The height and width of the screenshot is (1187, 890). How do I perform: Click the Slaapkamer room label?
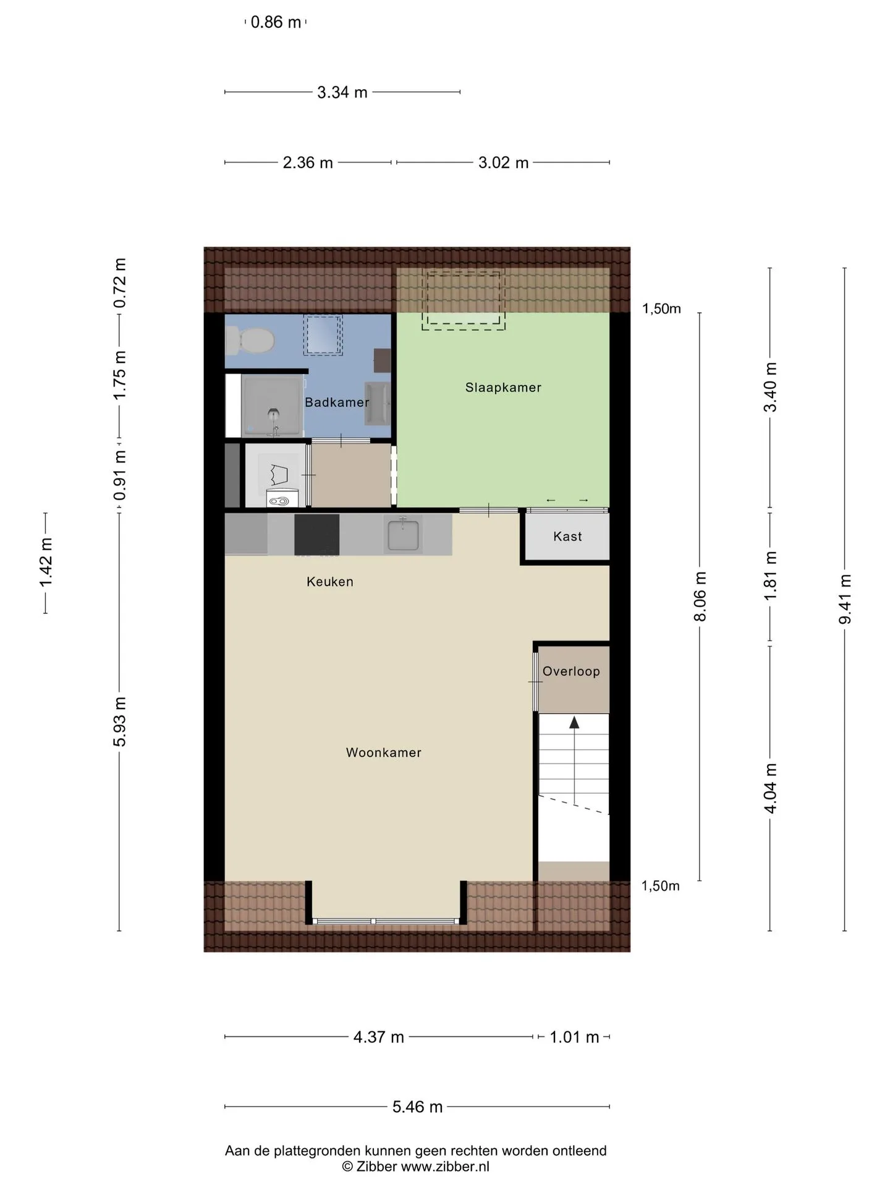(x=503, y=388)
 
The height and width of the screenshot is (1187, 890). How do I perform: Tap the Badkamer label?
(x=337, y=402)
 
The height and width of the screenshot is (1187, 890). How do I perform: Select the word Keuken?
(x=330, y=582)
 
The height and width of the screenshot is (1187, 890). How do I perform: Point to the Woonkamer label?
(x=384, y=752)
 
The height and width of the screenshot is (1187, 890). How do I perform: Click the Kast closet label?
(x=567, y=537)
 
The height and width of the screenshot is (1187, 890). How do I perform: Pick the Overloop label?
(x=571, y=671)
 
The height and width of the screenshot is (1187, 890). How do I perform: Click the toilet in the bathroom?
(x=250, y=339)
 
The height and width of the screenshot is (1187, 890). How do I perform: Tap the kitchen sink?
(x=403, y=534)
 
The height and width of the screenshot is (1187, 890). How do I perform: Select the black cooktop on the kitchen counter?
(x=316, y=535)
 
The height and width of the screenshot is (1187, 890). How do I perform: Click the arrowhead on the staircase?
(x=574, y=722)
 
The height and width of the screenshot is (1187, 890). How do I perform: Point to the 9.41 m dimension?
(x=845, y=600)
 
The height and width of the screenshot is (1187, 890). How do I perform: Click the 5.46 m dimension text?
(x=418, y=1107)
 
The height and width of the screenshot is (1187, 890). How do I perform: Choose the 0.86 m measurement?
(x=276, y=22)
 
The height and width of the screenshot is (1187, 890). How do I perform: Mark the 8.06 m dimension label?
(x=700, y=597)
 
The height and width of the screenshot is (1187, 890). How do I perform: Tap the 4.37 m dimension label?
(x=379, y=1037)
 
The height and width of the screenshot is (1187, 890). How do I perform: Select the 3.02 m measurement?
(x=504, y=163)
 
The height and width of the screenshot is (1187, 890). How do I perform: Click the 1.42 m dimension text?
(x=46, y=563)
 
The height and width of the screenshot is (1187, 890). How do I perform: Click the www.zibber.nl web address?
(x=445, y=1167)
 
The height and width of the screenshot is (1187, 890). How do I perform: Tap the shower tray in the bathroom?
(x=273, y=406)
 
